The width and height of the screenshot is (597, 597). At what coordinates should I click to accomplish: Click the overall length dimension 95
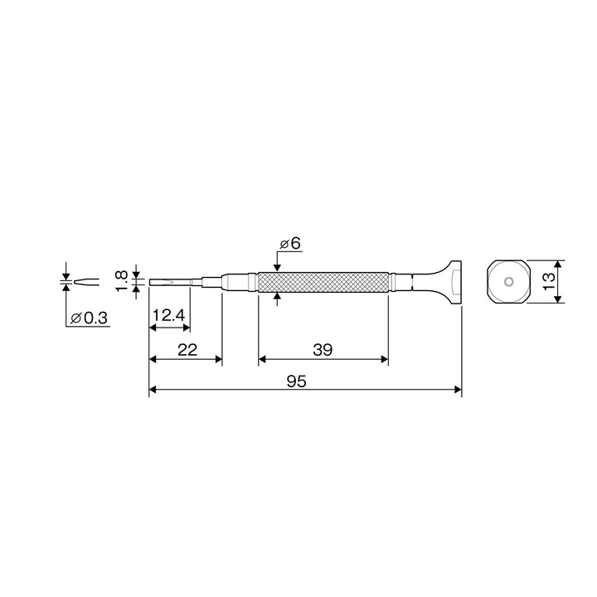click(296, 381)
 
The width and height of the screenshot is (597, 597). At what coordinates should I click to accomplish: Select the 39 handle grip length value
click(323, 350)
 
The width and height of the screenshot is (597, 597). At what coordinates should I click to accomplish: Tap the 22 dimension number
click(187, 350)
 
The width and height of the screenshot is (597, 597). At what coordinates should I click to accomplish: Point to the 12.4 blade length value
click(168, 315)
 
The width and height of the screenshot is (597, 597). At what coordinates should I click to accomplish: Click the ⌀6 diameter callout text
click(290, 244)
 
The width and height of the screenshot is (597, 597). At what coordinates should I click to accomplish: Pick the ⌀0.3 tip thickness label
click(89, 318)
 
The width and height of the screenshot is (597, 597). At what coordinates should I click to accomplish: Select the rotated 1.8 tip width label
click(121, 281)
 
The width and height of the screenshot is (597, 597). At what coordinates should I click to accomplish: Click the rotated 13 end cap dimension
click(549, 281)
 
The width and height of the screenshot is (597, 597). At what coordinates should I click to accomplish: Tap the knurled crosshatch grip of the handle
click(323, 282)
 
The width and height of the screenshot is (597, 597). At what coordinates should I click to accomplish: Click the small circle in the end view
click(508, 282)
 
